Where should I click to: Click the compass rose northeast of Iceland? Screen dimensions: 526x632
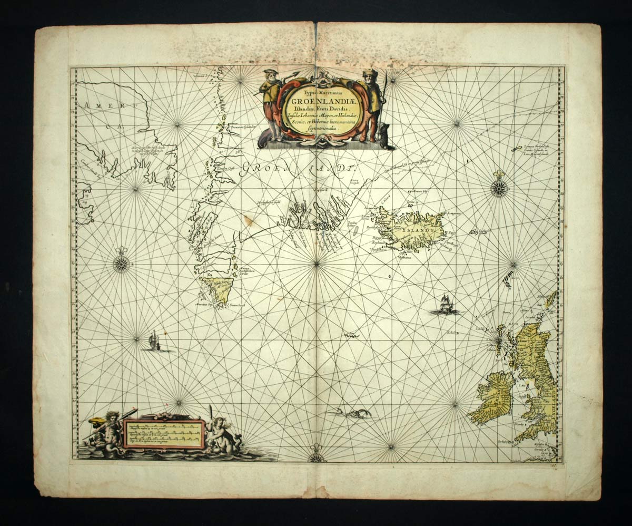499,188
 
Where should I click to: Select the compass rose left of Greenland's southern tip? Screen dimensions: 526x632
121,263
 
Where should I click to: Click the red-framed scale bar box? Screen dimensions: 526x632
163,433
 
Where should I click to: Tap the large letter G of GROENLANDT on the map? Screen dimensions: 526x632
249,170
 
